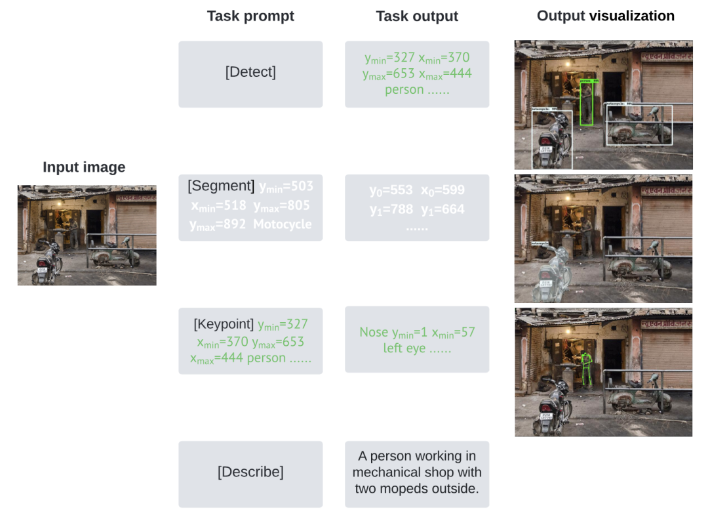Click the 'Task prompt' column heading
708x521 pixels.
(250, 16)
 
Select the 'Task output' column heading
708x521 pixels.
(417, 16)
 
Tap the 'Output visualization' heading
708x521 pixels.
(605, 16)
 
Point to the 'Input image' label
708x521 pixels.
(84, 167)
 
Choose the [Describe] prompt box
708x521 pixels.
(250, 472)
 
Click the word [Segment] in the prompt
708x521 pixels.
(221, 186)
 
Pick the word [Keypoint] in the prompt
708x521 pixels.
(224, 324)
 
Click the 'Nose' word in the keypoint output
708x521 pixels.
(374, 333)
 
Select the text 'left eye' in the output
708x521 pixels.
(405, 348)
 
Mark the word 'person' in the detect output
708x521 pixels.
(404, 90)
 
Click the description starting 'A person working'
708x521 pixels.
(417, 472)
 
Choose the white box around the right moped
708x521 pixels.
(639, 125)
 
